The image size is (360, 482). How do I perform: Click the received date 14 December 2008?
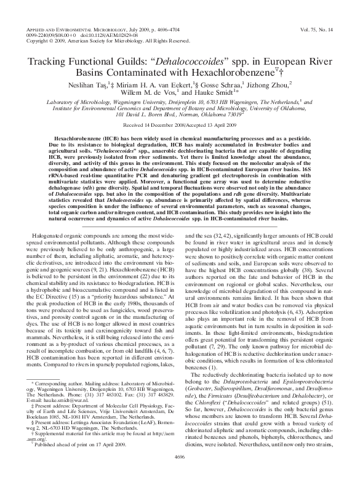click(163, 125)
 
